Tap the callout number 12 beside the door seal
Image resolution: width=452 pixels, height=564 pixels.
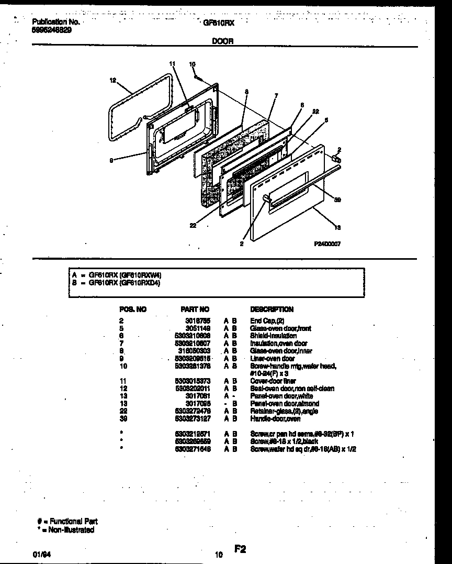pyautogui.click(x=112, y=81)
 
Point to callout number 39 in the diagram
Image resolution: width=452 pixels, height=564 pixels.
pyautogui.click(x=337, y=200)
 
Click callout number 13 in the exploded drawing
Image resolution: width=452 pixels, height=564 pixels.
pyautogui.click(x=337, y=227)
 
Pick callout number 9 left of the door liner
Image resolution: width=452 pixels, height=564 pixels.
pyautogui.click(x=111, y=161)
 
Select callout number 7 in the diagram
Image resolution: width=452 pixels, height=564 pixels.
pyautogui.click(x=276, y=95)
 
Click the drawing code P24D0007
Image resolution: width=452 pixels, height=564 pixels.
pyautogui.click(x=327, y=244)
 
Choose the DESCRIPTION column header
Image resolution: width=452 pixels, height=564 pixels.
pyautogui.click(x=272, y=309)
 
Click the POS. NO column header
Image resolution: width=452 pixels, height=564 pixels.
pyautogui.click(x=133, y=309)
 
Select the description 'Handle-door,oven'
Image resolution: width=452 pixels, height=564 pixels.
pyautogui.click(x=276, y=419)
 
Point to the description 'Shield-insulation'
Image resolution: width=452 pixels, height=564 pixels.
pyautogui.click(x=273, y=336)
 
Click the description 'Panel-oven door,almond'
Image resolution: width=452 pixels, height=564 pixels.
pyautogui.click(x=284, y=404)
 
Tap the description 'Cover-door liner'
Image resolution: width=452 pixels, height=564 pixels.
pyautogui.click(x=273, y=381)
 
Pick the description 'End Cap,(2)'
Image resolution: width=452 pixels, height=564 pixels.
pyautogui.click(x=266, y=320)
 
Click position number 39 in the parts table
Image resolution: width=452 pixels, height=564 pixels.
pyautogui.click(x=123, y=419)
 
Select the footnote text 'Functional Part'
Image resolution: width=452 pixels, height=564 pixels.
pyautogui.click(x=71, y=522)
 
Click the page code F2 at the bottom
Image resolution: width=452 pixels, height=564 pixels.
pyautogui.click(x=240, y=549)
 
